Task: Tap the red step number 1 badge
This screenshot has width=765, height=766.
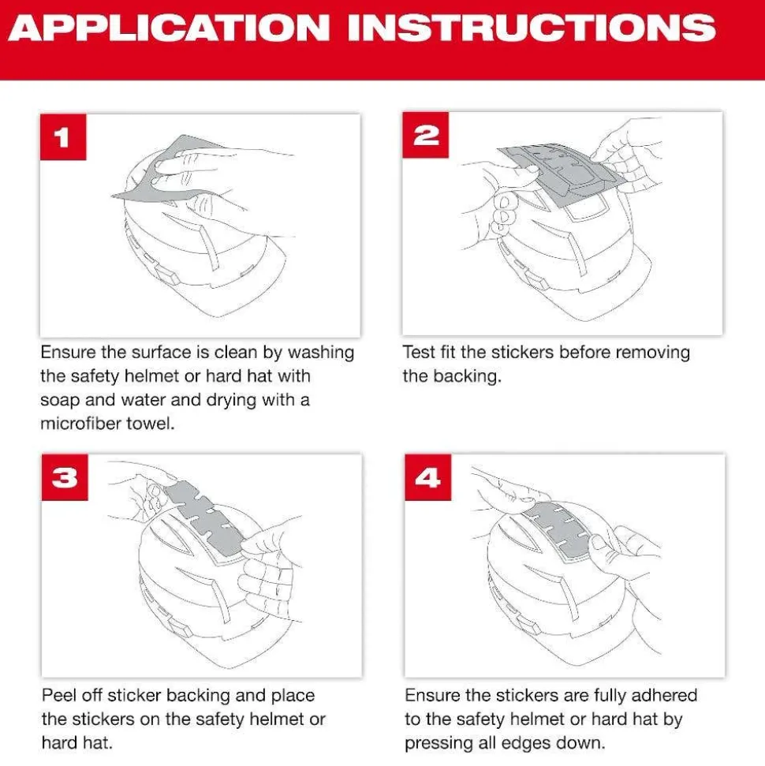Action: pyautogui.click(x=61, y=138)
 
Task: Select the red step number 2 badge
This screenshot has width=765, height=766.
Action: pyautogui.click(x=426, y=135)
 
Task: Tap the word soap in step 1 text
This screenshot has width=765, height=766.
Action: pyautogui.click(x=60, y=399)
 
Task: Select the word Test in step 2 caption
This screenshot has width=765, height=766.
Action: pyautogui.click(x=419, y=352)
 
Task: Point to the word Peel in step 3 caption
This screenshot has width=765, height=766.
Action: pyautogui.click(x=58, y=696)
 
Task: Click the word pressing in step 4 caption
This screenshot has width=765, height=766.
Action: pyautogui.click(x=435, y=743)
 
